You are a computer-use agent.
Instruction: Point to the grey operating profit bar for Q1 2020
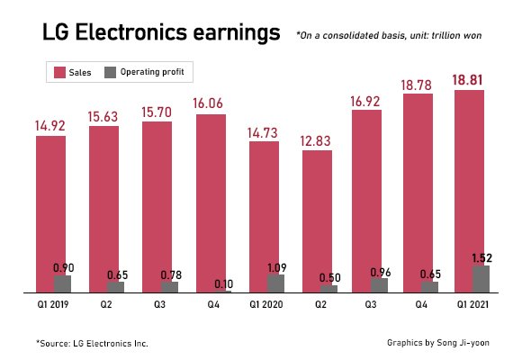[276, 283]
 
